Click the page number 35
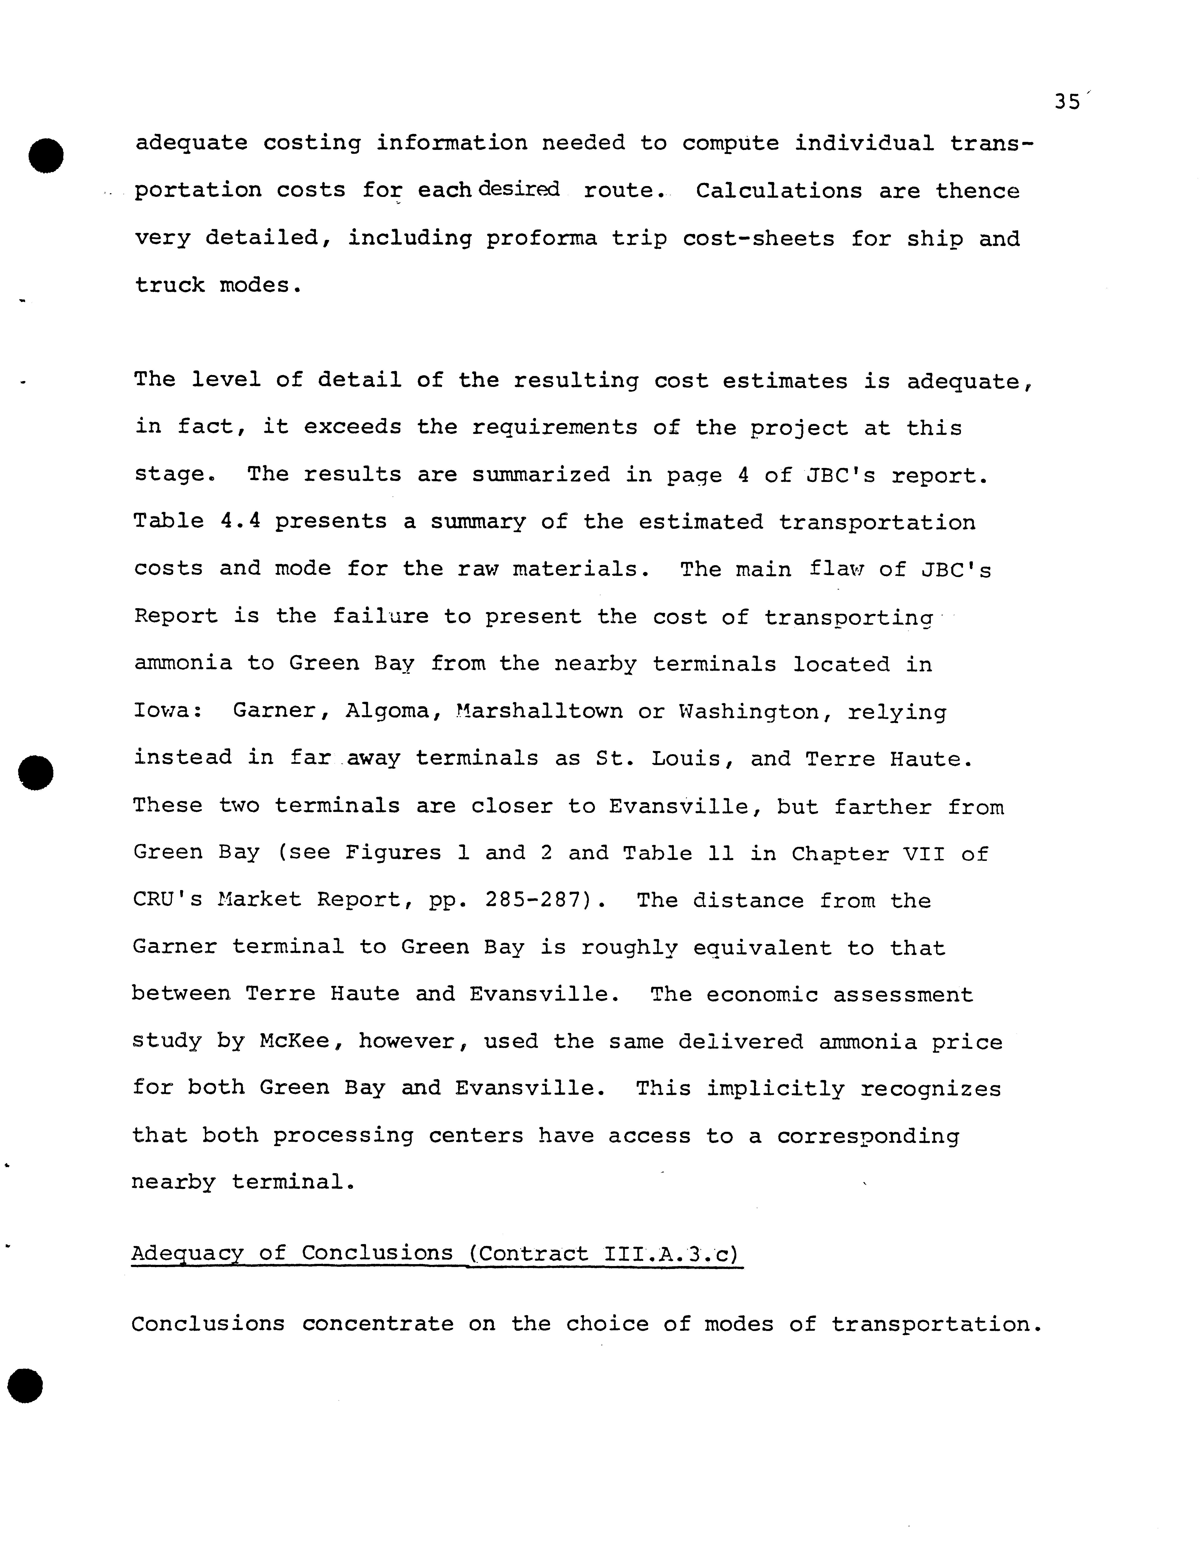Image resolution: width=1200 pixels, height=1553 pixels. pos(1067,102)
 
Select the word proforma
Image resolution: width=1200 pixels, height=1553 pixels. pos(541,238)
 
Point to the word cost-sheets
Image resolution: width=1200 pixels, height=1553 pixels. pos(758,238)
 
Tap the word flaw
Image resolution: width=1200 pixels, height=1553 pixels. pos(836,569)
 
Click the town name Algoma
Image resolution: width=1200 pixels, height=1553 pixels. pos(381,711)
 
